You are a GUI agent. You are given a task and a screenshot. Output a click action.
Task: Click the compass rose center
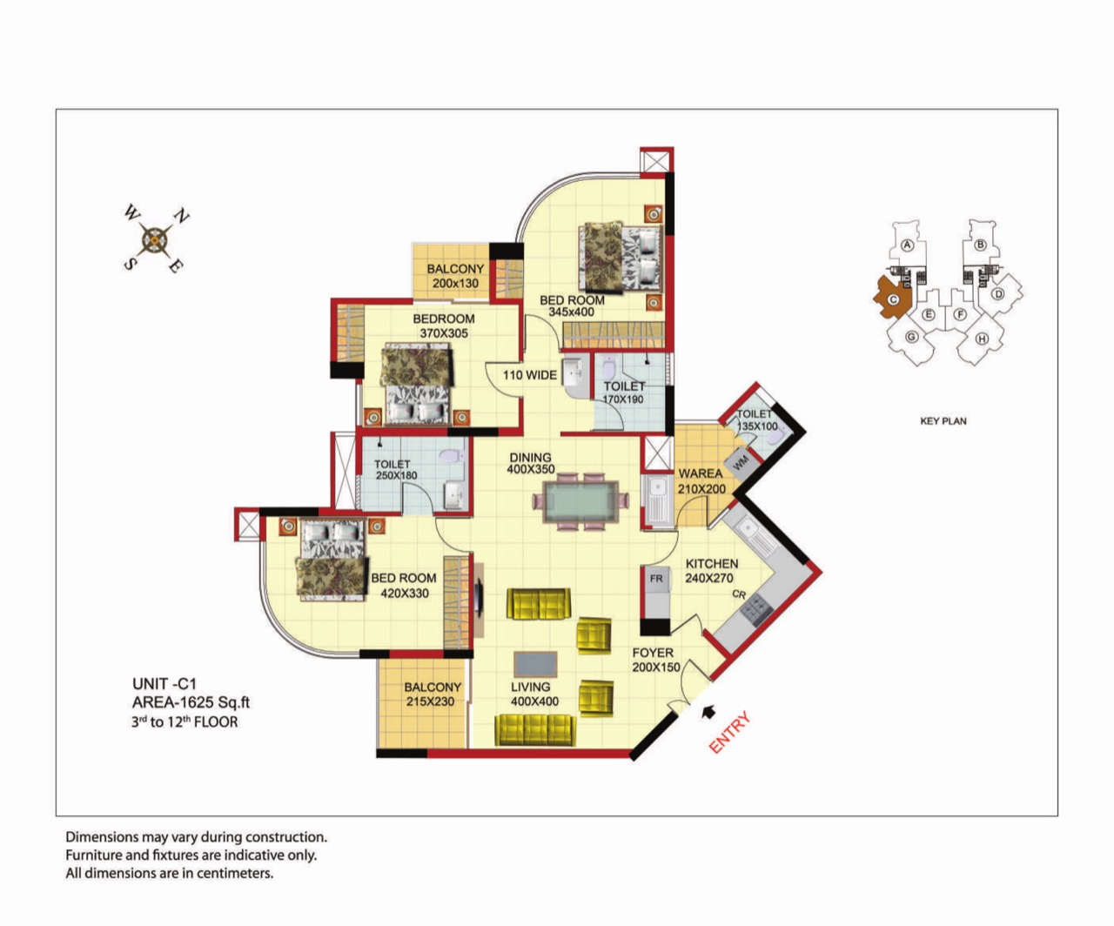coord(155,240)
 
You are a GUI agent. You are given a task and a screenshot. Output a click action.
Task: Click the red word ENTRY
coord(729,732)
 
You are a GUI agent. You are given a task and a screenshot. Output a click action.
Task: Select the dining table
coord(580,501)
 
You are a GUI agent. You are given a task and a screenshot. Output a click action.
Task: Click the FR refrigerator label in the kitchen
coord(656,578)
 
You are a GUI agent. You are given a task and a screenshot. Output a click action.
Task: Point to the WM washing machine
coord(742,463)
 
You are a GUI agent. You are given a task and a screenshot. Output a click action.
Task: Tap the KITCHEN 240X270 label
coord(711,571)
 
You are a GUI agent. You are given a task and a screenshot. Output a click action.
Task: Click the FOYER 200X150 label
coord(655,660)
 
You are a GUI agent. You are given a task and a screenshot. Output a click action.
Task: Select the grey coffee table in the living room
coord(535,665)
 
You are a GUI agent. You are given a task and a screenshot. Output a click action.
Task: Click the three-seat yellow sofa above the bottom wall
coord(535,729)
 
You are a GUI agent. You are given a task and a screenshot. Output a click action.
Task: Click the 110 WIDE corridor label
coord(530,375)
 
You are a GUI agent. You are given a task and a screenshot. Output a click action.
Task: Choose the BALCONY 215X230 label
coord(432,694)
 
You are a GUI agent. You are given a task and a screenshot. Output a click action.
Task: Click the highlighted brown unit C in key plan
coord(892,298)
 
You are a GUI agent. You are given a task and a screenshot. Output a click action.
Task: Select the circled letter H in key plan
coord(982,339)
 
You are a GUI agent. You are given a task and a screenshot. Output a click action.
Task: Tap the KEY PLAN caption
coord(943,421)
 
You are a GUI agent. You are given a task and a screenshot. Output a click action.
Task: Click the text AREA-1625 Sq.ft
coord(191,702)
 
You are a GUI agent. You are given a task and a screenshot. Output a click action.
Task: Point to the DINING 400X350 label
coord(531,463)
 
